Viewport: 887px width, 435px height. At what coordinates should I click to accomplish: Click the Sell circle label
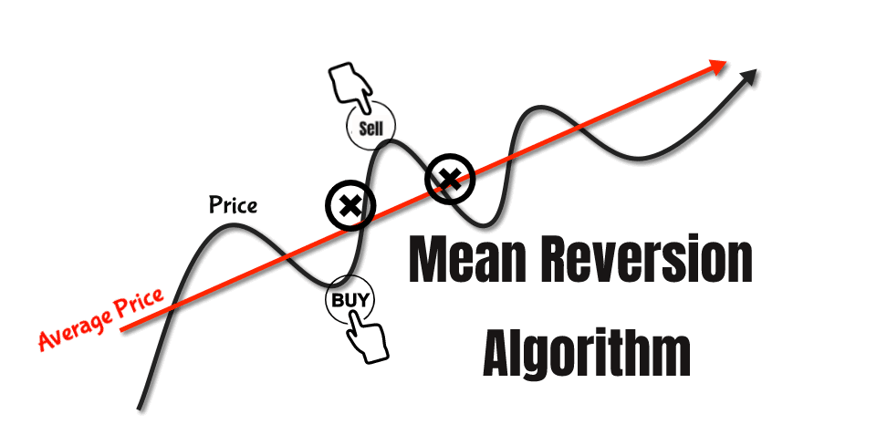click(370, 128)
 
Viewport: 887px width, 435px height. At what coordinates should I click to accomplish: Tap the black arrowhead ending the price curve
click(749, 77)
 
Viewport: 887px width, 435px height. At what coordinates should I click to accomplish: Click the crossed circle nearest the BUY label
click(348, 204)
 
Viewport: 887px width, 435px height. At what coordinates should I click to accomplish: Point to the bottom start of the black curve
click(140, 406)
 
